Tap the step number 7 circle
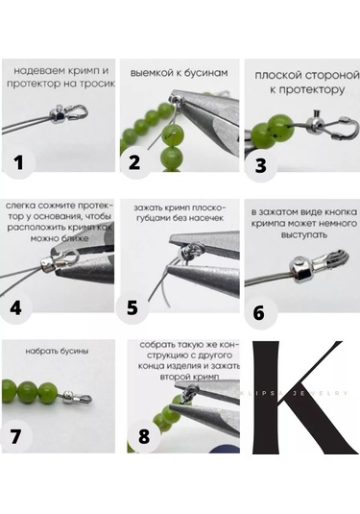pos(15,435)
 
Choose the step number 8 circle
pos(143,435)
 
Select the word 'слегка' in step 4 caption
pos(23,205)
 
